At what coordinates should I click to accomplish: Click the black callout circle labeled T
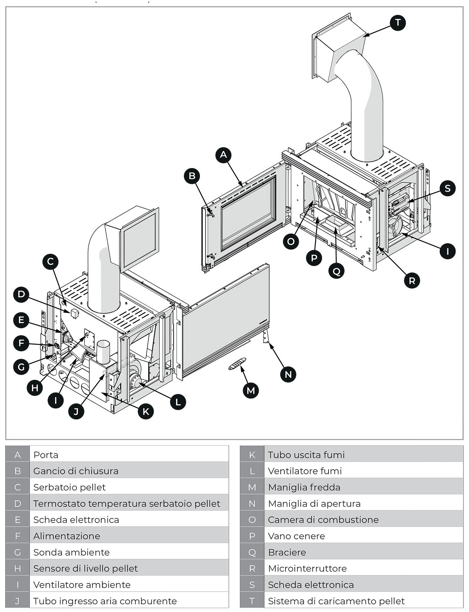[x=398, y=23]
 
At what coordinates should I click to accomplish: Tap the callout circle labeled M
[x=251, y=391]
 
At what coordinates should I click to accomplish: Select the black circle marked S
[x=447, y=188]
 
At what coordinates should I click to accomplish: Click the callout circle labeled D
[x=21, y=295]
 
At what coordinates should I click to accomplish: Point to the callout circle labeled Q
[x=336, y=271]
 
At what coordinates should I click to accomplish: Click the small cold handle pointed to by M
[x=237, y=364]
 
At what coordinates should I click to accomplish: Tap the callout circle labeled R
[x=412, y=280]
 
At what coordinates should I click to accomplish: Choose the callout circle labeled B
[x=192, y=176]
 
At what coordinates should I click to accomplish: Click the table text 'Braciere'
[x=287, y=552]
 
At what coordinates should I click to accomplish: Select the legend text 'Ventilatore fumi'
[x=304, y=471]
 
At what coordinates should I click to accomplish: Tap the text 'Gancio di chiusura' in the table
[x=76, y=471]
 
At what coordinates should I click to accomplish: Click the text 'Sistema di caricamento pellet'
[x=336, y=601]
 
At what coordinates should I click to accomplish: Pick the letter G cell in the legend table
[x=17, y=552]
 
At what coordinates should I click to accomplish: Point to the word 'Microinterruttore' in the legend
[x=307, y=569]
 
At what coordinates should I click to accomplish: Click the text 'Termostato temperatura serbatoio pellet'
[x=126, y=504]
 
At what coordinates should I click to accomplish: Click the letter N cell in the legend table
[x=252, y=504]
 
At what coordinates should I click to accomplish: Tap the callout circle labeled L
[x=178, y=402]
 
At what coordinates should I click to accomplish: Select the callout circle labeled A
[x=223, y=155]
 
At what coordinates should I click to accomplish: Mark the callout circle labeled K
[x=145, y=411]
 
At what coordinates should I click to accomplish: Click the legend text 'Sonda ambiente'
[x=71, y=552]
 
